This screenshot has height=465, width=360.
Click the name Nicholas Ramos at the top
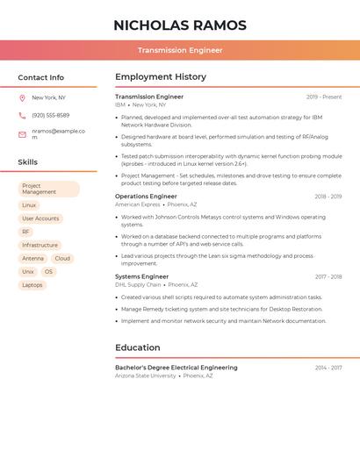tap(180, 25)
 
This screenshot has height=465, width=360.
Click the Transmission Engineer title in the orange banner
tap(180, 50)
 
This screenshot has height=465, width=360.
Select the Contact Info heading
tap(41, 77)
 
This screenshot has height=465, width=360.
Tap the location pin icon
tap(22, 97)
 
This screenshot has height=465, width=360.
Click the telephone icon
tap(22, 115)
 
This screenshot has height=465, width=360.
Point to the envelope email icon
tap(22, 134)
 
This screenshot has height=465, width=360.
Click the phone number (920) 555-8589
tap(50, 115)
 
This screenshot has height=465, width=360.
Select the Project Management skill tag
tap(48, 189)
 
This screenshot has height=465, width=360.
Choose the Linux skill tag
tap(29, 204)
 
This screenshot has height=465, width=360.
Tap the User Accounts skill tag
tap(40, 218)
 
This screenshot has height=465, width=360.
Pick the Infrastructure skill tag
tap(40, 245)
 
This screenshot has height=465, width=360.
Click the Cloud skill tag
tap(62, 258)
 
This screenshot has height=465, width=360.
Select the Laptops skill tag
tap(32, 284)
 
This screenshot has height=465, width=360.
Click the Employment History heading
tap(161, 77)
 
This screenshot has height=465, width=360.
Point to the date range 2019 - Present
tap(324, 97)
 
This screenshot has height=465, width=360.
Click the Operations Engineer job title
tap(146, 197)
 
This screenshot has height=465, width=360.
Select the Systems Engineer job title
tap(141, 276)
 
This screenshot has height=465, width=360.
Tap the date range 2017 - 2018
tap(328, 276)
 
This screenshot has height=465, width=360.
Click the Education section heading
tap(138, 347)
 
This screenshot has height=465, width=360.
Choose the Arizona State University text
tap(145, 376)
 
